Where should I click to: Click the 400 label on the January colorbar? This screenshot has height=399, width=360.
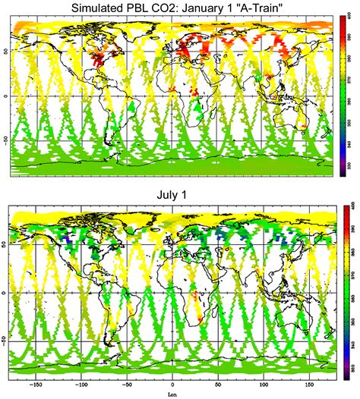(352, 17)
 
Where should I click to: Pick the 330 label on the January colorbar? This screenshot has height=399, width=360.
(352, 165)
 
